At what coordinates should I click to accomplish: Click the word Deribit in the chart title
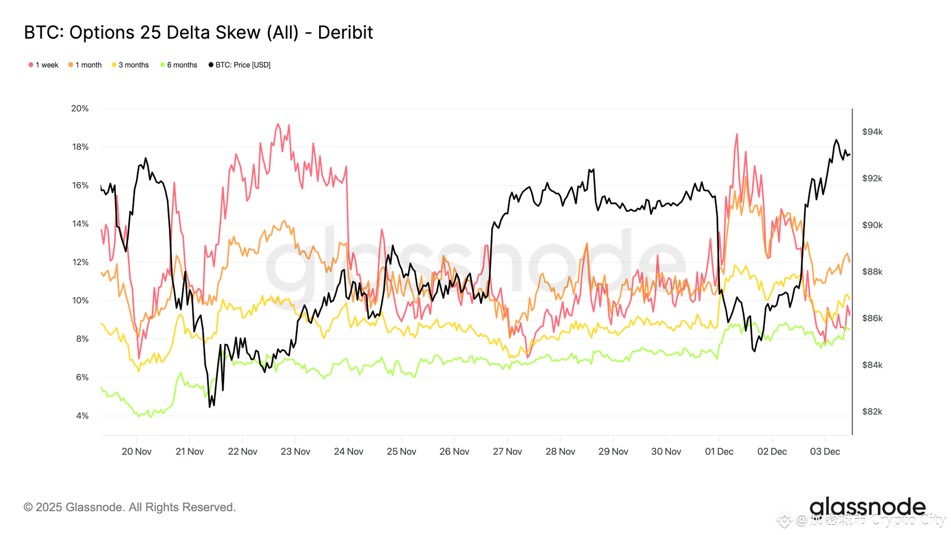(x=345, y=32)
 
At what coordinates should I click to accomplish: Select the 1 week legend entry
(x=43, y=65)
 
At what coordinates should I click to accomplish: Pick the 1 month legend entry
(x=85, y=65)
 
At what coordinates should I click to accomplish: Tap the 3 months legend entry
(x=130, y=65)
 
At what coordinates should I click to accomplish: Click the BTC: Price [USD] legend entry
(x=240, y=65)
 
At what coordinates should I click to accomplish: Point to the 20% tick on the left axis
(x=80, y=108)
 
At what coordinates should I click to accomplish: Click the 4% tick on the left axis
(x=82, y=416)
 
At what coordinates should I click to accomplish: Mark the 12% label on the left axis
(x=80, y=262)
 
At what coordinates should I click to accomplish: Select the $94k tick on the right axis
(x=872, y=132)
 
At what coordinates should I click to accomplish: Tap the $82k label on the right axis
(x=872, y=411)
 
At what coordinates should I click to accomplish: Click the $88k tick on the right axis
(x=872, y=272)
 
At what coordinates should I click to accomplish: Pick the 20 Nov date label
(x=137, y=452)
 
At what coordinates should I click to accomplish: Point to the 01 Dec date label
(x=719, y=452)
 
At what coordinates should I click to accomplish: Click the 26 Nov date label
(x=454, y=452)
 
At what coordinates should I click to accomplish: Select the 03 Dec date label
(x=825, y=452)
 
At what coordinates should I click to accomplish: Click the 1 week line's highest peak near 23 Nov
(x=278, y=124)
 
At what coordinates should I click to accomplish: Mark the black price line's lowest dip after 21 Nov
(x=210, y=407)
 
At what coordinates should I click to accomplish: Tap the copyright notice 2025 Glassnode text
(x=130, y=507)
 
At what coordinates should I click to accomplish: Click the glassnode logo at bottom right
(x=867, y=507)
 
